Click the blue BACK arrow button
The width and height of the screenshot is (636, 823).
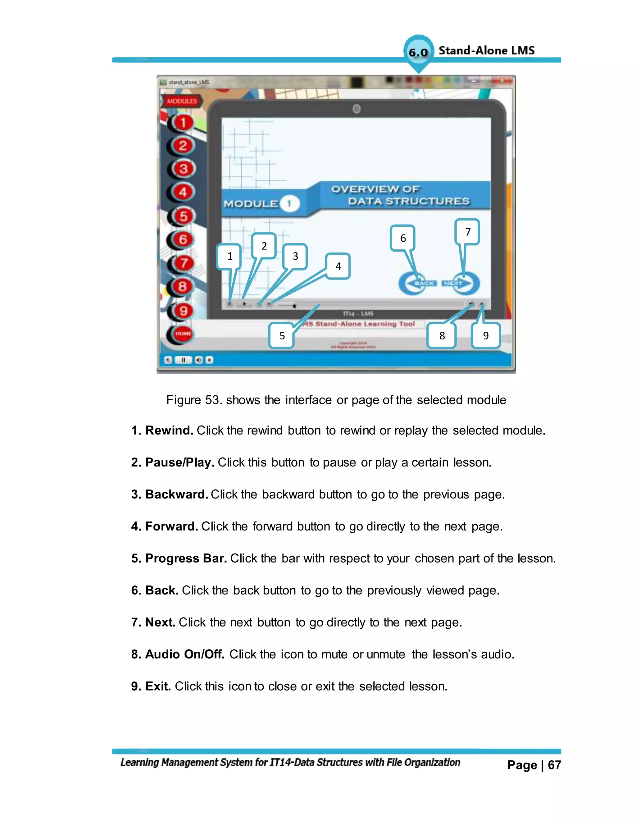(417, 283)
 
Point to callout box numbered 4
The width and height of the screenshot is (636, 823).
(338, 266)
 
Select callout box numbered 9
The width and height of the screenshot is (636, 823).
(486, 335)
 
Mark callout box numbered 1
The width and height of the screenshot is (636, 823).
(229, 257)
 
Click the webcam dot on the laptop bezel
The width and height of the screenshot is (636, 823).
(357, 109)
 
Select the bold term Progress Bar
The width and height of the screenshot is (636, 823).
(186, 558)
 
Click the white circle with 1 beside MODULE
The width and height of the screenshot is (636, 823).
(289, 204)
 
